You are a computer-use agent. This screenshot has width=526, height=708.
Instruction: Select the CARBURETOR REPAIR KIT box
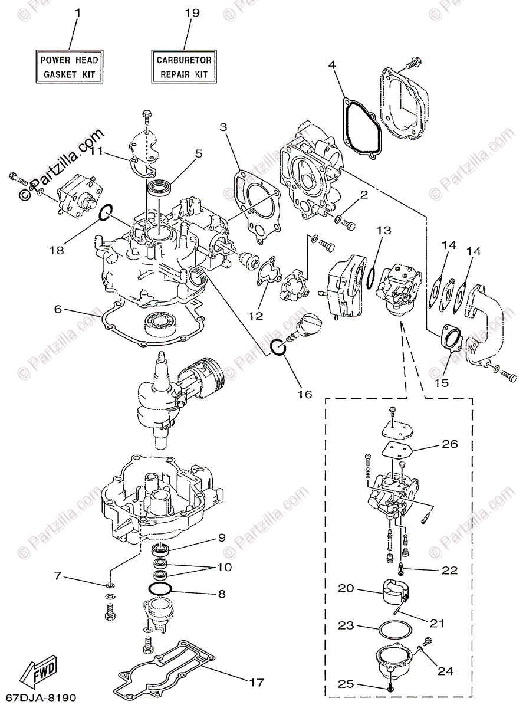click(184, 67)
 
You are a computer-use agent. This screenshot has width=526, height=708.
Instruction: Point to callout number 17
click(255, 683)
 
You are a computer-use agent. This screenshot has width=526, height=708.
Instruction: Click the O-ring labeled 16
click(279, 348)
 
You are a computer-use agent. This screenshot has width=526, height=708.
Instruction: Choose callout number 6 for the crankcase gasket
click(58, 309)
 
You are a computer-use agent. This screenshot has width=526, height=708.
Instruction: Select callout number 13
click(384, 231)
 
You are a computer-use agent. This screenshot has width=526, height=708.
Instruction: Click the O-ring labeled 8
click(160, 589)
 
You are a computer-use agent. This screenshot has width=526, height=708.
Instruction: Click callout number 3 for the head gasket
click(223, 126)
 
